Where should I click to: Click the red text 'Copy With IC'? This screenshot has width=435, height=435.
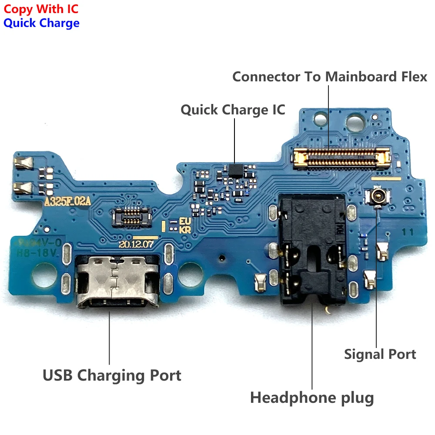point(41,8)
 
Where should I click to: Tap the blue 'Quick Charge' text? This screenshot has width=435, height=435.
point(41,23)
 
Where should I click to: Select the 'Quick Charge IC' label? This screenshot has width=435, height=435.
point(233,110)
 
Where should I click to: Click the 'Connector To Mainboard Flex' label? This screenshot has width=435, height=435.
point(330,77)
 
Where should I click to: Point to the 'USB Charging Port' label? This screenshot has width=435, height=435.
point(112,375)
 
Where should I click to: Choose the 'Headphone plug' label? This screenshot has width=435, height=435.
point(312,397)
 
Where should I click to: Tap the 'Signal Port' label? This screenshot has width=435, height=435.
point(380,354)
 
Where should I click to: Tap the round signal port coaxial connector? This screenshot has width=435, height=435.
point(376,197)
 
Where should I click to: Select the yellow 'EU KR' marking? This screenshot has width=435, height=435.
point(185,226)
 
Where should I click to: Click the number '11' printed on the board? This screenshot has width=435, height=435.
point(408,232)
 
